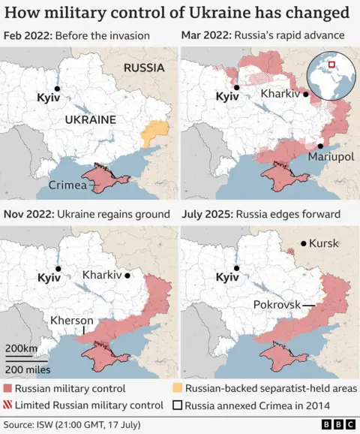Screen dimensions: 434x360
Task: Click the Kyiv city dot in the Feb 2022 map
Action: [57, 87]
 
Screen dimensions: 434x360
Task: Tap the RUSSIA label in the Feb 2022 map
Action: [143, 68]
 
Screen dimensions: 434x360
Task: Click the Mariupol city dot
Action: [320, 146]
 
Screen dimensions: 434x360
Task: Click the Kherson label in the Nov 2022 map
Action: [72, 320]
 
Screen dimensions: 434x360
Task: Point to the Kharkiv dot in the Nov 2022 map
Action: [127, 276]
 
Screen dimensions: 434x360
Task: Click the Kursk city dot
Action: [302, 243]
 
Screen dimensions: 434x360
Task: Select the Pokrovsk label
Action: [277, 305]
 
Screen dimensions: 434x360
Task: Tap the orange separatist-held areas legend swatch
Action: [177, 389]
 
